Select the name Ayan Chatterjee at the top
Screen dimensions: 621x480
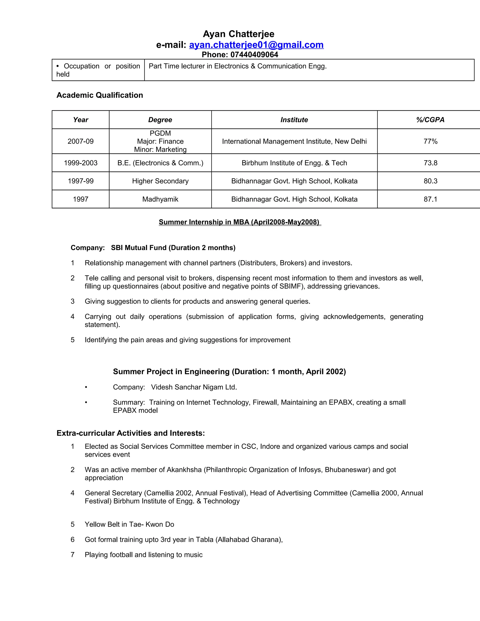[239, 34]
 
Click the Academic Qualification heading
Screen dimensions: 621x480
[100, 95]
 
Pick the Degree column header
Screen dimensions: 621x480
[160, 120]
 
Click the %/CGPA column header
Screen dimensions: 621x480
[430, 120]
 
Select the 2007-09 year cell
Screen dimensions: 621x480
[80, 141]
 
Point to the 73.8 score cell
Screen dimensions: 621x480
[430, 163]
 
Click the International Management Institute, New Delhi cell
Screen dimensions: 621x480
[294, 141]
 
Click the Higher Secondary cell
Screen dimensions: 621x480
[160, 181]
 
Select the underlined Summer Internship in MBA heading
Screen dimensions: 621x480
[240, 222]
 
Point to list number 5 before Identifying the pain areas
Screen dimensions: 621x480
[72, 340]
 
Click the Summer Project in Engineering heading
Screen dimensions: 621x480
[229, 372]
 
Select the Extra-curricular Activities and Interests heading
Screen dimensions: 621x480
[131, 433]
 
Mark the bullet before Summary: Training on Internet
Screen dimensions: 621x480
[86, 402]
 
